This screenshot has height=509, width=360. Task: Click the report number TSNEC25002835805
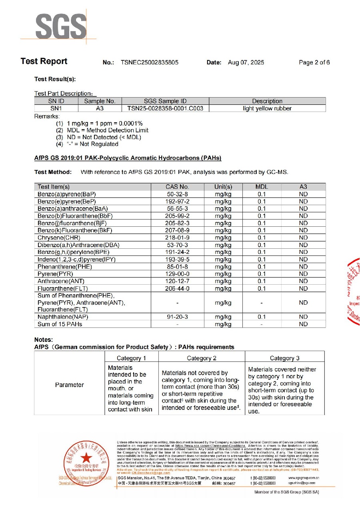pyautogui.click(x=149, y=62)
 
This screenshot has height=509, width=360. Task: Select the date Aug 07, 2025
pyautogui.click(x=246, y=62)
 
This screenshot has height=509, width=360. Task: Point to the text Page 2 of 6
pyautogui.click(x=314, y=62)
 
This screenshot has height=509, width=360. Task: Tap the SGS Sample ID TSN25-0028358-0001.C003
pyautogui.click(x=165, y=108)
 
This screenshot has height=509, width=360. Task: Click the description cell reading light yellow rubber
pyautogui.click(x=267, y=108)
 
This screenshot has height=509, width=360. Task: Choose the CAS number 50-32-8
pyautogui.click(x=177, y=194)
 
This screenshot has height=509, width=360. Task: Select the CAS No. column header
pyautogui.click(x=177, y=187)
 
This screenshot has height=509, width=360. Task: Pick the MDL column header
pyautogui.click(x=262, y=187)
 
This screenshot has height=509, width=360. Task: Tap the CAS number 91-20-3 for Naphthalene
pyautogui.click(x=177, y=317)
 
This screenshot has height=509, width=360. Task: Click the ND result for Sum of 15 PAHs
pyautogui.click(x=303, y=324)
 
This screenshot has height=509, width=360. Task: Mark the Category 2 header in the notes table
pyautogui.click(x=202, y=358)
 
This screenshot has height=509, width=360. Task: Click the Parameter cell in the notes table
pyautogui.click(x=70, y=385)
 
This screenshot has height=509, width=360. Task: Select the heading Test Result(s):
pyautogui.click(x=55, y=80)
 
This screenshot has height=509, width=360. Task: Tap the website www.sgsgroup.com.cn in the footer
pyautogui.click(x=304, y=477)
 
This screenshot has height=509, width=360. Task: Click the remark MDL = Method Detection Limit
pyautogui.click(x=108, y=130)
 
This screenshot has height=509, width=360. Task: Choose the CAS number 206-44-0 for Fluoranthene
pyautogui.click(x=177, y=288)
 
